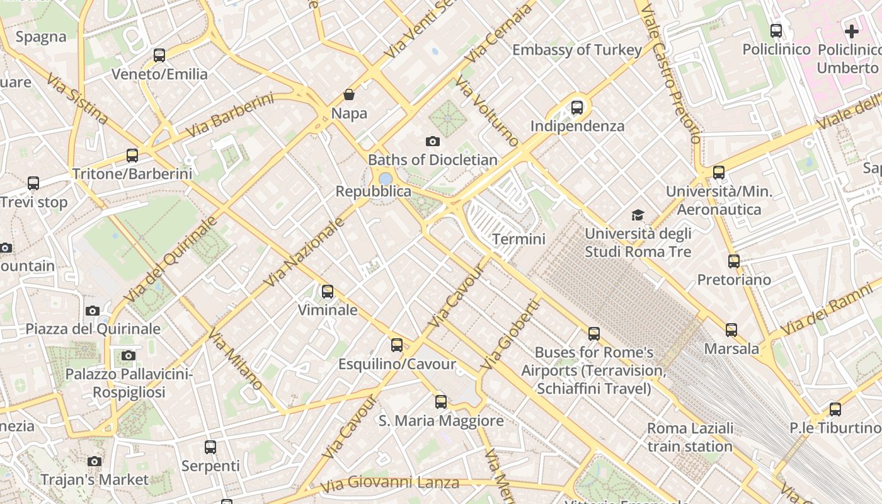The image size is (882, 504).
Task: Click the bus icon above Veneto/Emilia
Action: coord(159,55)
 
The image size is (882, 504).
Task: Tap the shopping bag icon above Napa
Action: coord(349,94)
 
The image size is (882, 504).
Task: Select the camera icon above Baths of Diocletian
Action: coord(432,141)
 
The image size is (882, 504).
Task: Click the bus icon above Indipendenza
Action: coord(577,107)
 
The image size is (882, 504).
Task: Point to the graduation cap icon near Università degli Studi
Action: coord(638,215)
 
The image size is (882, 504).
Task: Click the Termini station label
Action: coord(518,239)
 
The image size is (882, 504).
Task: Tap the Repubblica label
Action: coord(373,192)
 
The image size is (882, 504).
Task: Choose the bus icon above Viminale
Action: coord(328,291)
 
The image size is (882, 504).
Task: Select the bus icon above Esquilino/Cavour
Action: coord(397,345)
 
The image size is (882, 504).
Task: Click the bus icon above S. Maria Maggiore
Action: coord(441,401)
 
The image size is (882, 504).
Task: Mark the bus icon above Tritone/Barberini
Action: coord(132,155)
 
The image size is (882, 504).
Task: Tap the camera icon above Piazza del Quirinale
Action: coord(93,311)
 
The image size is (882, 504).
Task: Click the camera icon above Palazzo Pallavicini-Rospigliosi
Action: coord(129,355)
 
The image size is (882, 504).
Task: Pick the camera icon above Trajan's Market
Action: coord(94,461)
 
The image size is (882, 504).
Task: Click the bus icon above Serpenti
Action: coord(210,447)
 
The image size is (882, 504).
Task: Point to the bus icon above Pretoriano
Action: coord(734,261)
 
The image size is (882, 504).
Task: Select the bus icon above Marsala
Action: coord(731,329)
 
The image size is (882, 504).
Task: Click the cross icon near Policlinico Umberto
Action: coord(852,31)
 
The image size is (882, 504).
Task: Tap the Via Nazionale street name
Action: coord(306,253)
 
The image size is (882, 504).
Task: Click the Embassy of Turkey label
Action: coord(577,50)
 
